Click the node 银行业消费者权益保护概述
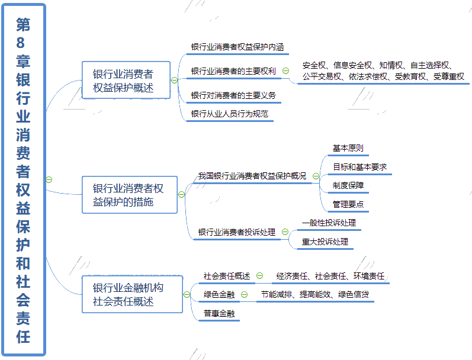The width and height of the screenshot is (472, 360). (126, 81)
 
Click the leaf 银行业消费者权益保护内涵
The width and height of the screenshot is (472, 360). (233, 46)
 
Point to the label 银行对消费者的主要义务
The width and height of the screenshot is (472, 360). (233, 95)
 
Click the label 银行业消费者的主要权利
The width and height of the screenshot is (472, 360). (233, 71)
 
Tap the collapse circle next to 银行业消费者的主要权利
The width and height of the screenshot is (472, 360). (285, 71)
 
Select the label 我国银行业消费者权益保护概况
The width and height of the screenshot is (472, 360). (252, 176)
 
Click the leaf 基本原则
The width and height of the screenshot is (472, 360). (348, 148)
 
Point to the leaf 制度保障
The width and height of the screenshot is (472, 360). (348, 185)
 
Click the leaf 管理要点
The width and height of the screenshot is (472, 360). (348, 204)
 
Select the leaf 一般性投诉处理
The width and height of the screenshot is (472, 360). (329, 223)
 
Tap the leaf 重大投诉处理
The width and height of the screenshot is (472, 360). (325, 242)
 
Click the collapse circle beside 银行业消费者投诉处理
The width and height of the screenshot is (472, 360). (285, 232)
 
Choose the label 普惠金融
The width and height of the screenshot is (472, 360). (219, 313)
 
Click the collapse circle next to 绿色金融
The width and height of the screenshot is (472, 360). (244, 294)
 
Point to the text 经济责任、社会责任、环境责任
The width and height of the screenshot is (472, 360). (330, 276)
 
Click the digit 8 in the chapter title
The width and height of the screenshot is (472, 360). (24, 43)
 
